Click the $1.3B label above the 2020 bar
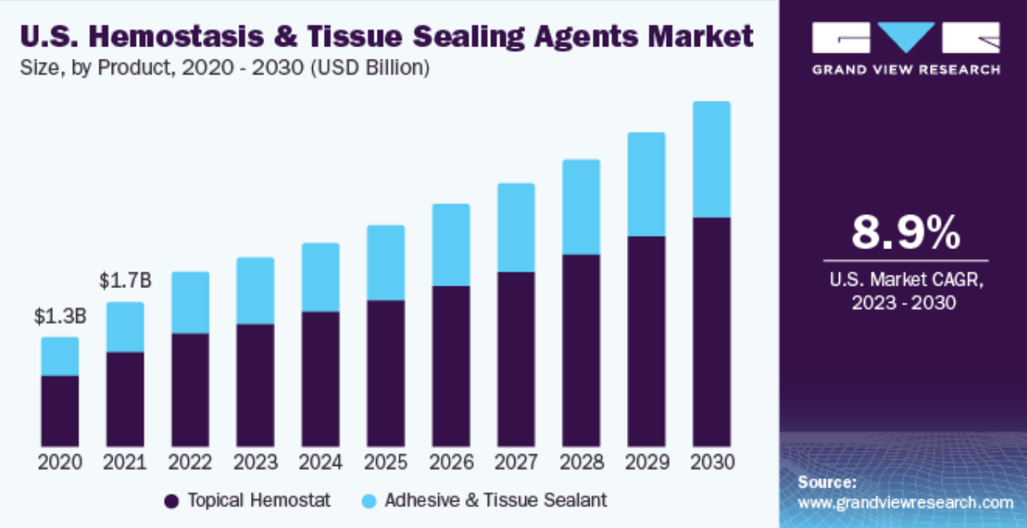[x=60, y=316]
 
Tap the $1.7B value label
[x=125, y=281]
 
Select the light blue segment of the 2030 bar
[x=711, y=160]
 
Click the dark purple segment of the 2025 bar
[x=386, y=372]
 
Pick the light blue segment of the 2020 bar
[x=60, y=356]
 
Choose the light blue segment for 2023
[x=255, y=290]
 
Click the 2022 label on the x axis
[x=190, y=462]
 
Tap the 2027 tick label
[x=516, y=462]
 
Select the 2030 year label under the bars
[x=711, y=462]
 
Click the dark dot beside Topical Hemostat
[x=172, y=501]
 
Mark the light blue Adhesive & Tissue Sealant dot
[x=369, y=501]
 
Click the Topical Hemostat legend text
[x=258, y=500]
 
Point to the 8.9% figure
[x=905, y=233]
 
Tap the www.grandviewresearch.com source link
[x=905, y=502]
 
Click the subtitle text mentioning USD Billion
[x=224, y=68]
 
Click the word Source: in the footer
[x=827, y=482]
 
